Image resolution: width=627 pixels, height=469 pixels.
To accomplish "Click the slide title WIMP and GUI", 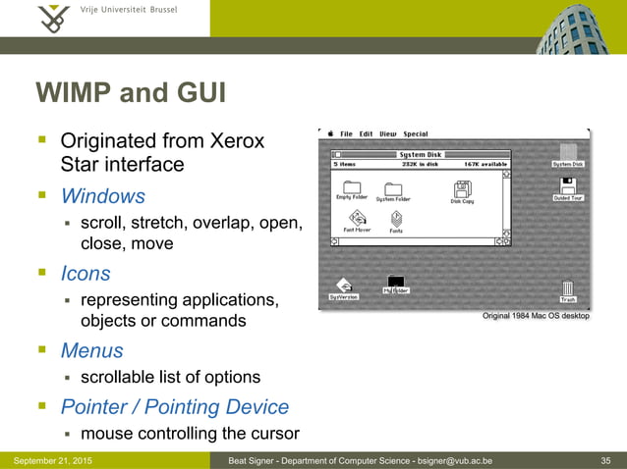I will [x=131, y=94].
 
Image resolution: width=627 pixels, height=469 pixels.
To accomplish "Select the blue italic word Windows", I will [x=102, y=196].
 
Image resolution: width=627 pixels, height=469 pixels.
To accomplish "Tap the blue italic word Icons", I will [x=85, y=274].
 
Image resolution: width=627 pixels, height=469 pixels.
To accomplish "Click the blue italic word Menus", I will [x=91, y=350].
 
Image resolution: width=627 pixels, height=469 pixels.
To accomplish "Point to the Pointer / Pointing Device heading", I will [x=175, y=406].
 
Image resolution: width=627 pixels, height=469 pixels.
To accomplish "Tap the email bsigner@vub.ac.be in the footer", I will [x=444, y=461].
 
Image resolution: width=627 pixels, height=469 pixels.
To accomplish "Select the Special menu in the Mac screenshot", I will [x=416, y=134].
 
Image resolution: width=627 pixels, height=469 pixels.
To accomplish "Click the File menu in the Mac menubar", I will [x=346, y=134].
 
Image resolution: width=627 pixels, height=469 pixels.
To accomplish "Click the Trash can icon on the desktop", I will [x=568, y=288].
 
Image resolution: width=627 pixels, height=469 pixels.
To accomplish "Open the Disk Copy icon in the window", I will [x=462, y=190].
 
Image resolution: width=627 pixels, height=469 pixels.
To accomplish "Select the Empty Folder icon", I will [x=351, y=188].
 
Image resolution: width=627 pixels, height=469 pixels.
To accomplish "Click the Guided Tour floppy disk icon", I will [x=567, y=186].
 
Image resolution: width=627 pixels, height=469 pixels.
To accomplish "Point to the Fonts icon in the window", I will [x=396, y=220].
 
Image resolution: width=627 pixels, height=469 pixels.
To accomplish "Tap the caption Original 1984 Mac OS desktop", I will [x=536, y=317].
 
